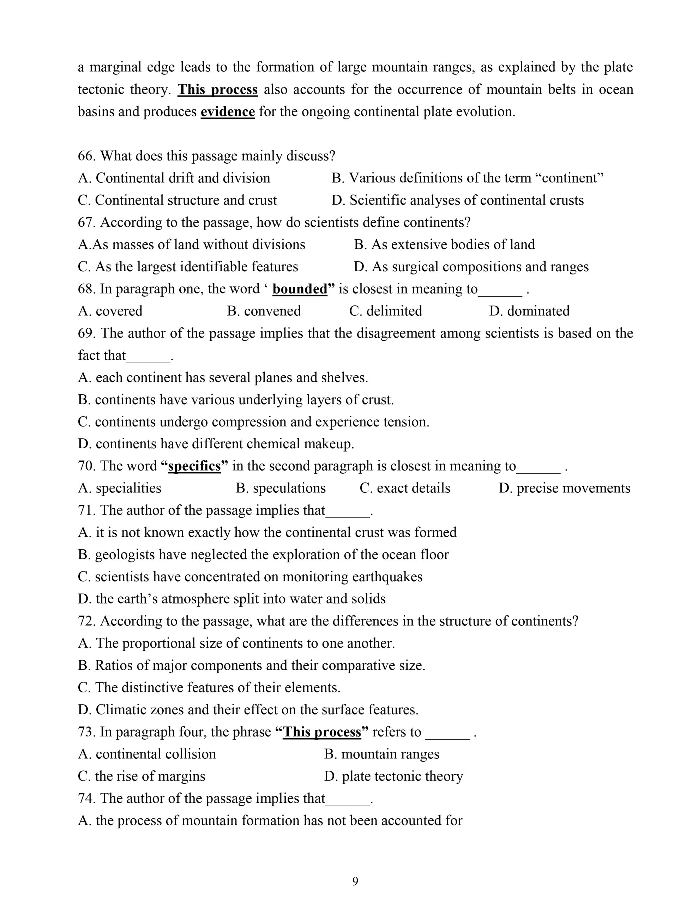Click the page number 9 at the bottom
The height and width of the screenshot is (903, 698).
pos(355,881)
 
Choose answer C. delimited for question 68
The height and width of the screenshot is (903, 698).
pos(386,311)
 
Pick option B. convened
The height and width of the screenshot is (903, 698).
pos(264,311)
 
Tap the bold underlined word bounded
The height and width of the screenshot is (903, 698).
pos(300,289)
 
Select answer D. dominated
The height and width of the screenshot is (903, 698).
pos(529,311)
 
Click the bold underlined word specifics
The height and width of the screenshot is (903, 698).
pos(194,466)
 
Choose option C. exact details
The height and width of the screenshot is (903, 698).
pos(405,488)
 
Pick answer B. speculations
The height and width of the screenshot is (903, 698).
pos(281,488)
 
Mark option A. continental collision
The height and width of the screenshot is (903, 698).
pos(147,754)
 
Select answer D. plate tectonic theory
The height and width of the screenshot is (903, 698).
pos(393,776)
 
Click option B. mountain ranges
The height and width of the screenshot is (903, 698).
pos(381,754)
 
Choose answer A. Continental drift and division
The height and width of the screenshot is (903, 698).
pos(174,178)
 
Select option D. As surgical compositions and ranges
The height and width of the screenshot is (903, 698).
pos(471,267)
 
